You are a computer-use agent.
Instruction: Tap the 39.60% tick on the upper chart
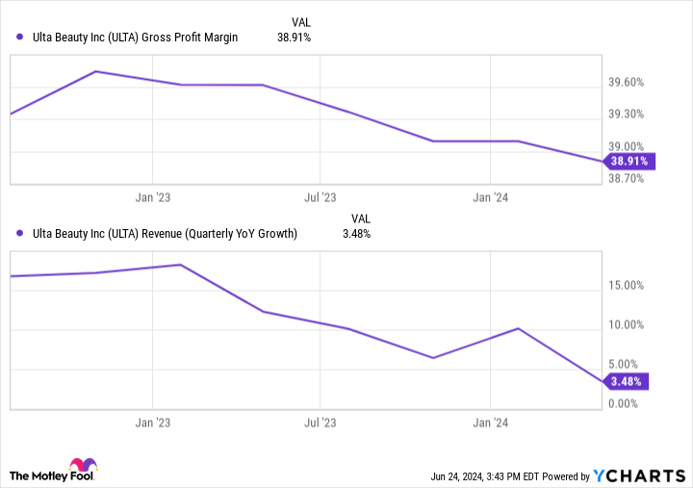point(632,83)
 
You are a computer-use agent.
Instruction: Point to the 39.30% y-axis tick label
point(632,115)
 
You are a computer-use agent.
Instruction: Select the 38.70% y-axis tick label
point(632,179)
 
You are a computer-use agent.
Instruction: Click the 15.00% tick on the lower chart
point(632,285)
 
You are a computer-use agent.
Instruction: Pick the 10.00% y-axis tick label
point(632,324)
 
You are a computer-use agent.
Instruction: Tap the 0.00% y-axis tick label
point(629,403)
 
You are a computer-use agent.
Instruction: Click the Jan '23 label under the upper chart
point(153,197)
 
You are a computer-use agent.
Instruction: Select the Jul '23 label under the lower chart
point(320,422)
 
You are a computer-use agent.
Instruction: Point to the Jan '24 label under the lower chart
point(491,422)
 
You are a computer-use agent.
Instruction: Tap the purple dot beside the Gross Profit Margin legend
point(20,38)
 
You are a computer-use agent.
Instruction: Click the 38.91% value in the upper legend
point(294,38)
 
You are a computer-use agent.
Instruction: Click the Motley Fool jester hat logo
point(83,467)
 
